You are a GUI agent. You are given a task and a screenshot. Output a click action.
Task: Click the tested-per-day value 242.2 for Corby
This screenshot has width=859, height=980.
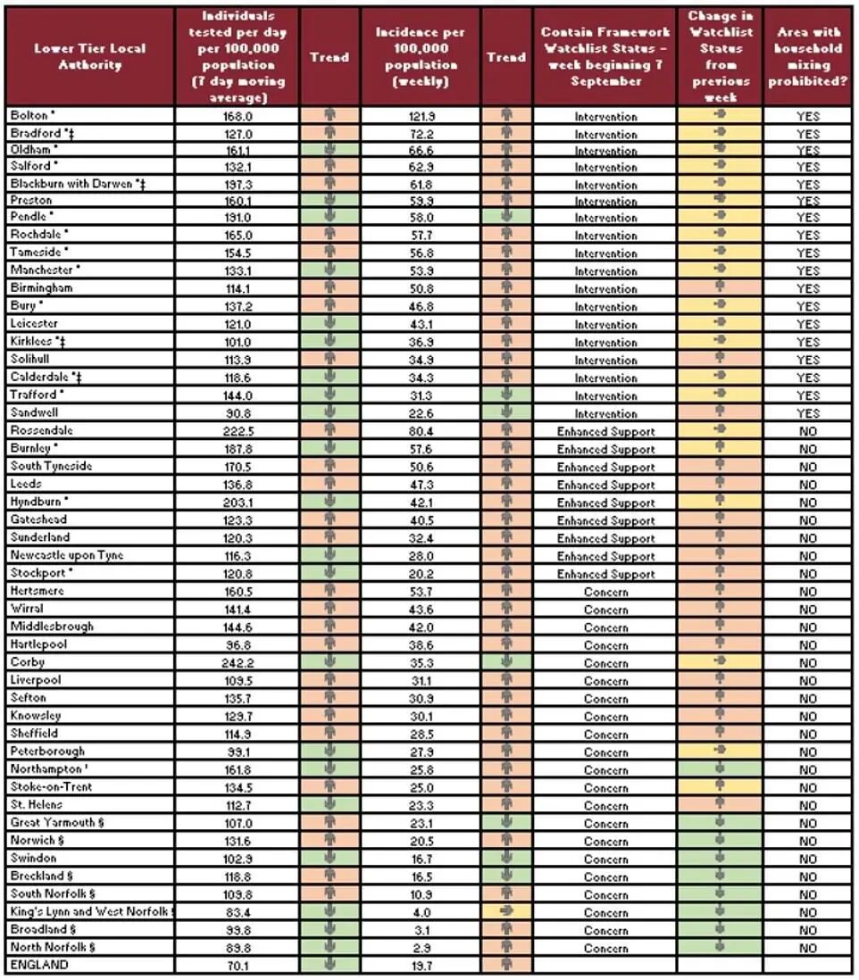click(237, 663)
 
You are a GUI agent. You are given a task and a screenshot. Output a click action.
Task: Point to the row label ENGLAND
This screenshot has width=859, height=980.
click(38, 965)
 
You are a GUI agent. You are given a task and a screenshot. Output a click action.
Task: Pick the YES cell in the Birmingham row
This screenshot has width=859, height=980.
click(807, 289)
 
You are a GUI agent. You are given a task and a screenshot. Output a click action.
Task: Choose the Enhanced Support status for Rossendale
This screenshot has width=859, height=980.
click(605, 431)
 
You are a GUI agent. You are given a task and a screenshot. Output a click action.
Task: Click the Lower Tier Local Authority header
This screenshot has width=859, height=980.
click(89, 56)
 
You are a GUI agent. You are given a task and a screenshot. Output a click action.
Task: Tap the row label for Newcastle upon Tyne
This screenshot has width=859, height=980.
click(67, 555)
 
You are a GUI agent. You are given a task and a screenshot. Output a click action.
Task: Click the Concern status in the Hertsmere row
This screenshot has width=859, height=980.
click(605, 592)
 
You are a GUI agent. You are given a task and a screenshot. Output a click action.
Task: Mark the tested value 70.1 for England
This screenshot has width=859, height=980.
click(237, 965)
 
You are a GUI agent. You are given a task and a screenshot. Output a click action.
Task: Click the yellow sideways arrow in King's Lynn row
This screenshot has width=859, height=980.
click(506, 912)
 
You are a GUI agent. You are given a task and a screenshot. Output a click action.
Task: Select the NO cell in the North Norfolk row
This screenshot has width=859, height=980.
click(807, 948)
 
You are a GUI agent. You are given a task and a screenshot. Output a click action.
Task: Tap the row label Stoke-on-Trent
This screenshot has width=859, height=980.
click(51, 787)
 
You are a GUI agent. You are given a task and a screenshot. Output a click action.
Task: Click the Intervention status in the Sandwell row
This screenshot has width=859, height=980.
click(605, 414)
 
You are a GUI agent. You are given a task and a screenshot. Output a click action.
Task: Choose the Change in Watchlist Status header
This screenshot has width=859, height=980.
click(721, 56)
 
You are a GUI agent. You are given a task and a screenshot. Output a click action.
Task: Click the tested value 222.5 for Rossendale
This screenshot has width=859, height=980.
click(237, 431)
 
